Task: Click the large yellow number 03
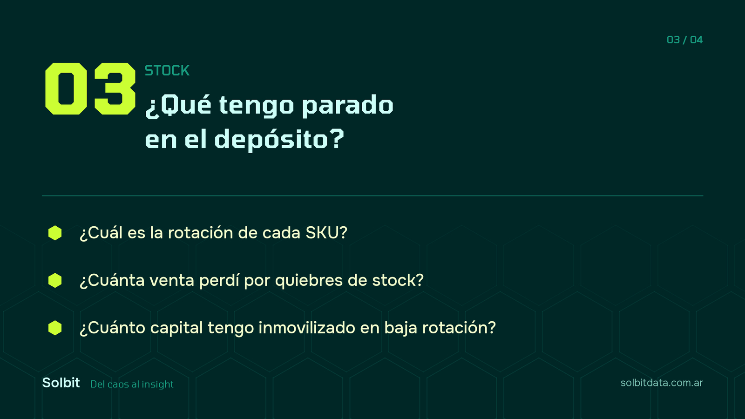(90, 89)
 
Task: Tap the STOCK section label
(167, 70)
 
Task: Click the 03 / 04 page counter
(684, 40)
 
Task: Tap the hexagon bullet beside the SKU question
(55, 233)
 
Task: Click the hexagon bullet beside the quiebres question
(55, 280)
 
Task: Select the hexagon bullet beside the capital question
(55, 328)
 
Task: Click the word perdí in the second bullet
(219, 280)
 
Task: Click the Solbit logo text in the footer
(61, 383)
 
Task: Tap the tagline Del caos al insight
(132, 385)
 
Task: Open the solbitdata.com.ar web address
(662, 383)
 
